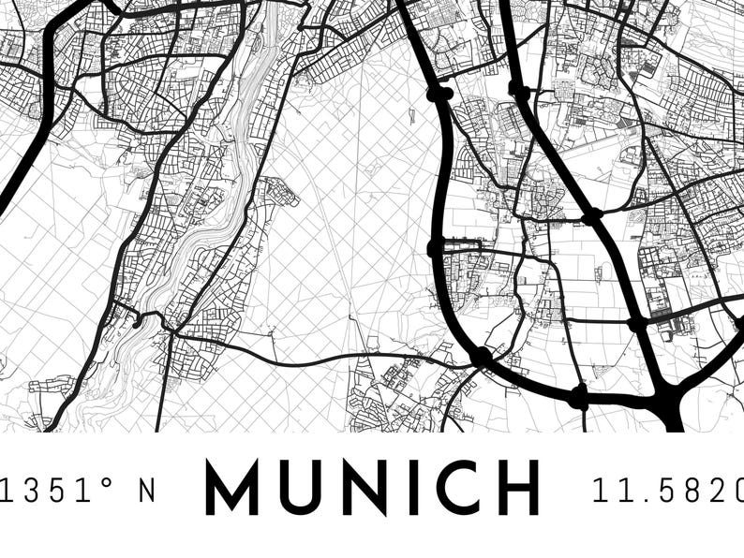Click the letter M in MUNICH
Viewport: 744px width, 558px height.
[231, 487]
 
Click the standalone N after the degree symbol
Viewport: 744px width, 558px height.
[147, 489]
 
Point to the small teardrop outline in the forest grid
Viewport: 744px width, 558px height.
[411, 117]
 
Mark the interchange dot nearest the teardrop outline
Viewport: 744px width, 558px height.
[439, 94]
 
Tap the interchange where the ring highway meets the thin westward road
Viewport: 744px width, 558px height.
[481, 356]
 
